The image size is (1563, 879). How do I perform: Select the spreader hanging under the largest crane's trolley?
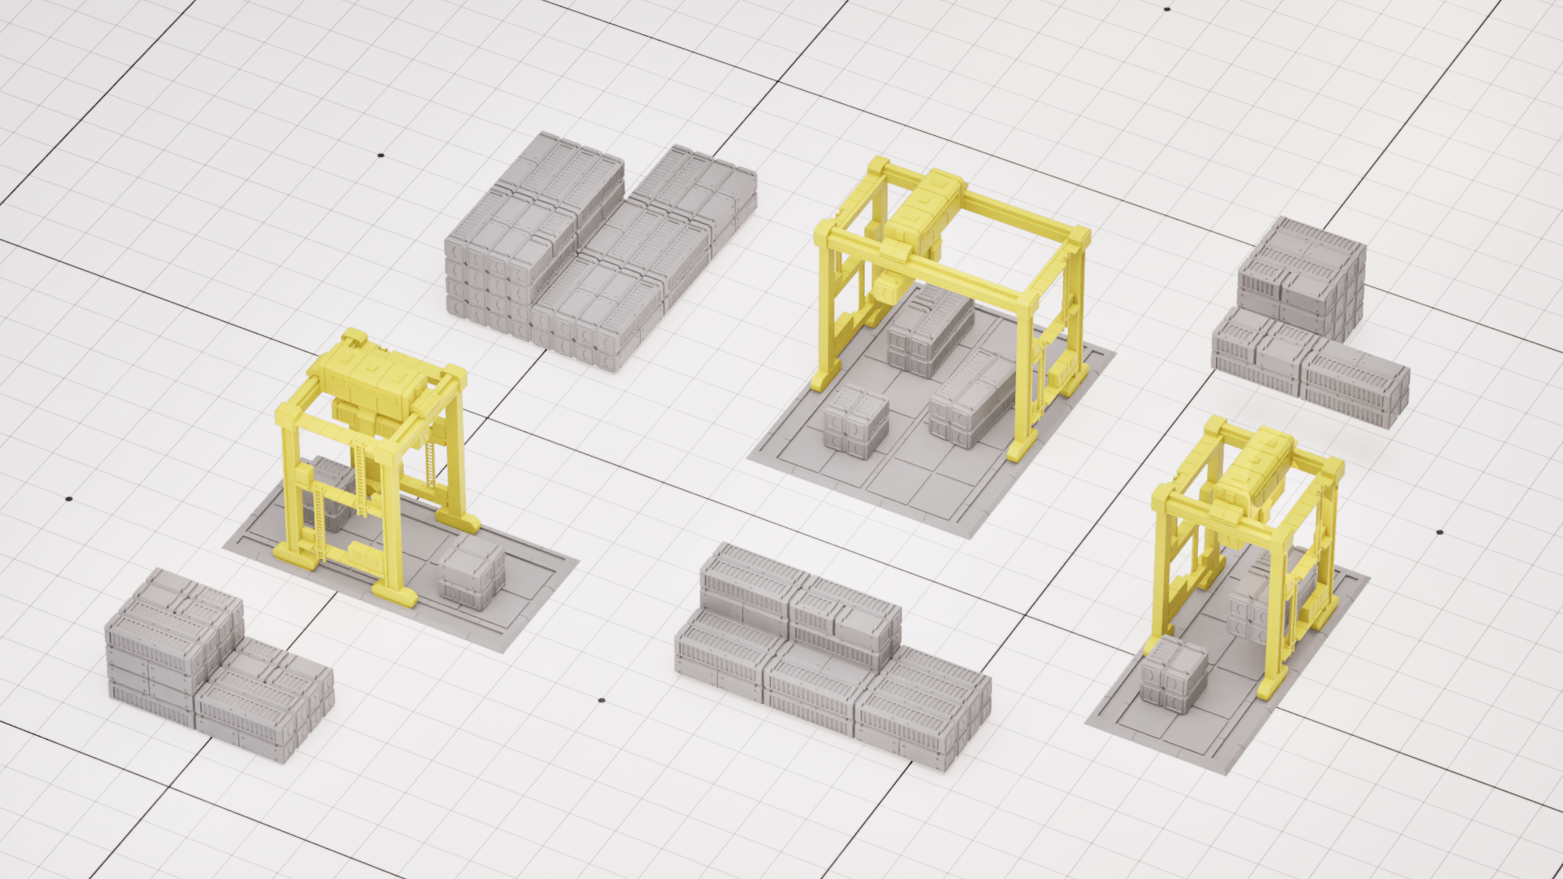pyautogui.click(x=887, y=289)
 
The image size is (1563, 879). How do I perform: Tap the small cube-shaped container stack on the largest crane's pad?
pyautogui.click(x=855, y=422)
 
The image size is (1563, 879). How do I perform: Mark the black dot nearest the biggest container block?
pyautogui.click(x=380, y=155)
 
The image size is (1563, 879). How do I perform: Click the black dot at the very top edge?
pyautogui.click(x=1167, y=9)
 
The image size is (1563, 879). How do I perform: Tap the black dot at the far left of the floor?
pyautogui.click(x=69, y=499)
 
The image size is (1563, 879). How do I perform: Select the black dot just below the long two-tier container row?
pyautogui.click(x=602, y=700)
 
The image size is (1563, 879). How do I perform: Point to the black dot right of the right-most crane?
pyautogui.click(x=1439, y=532)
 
